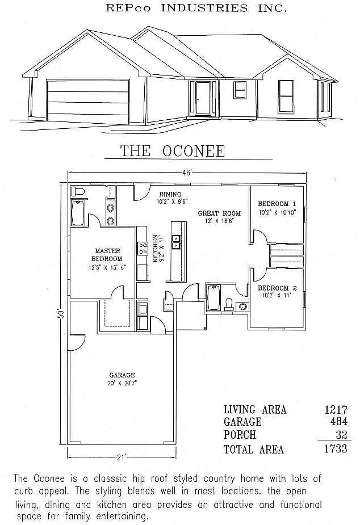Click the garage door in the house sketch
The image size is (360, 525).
[x=89, y=101]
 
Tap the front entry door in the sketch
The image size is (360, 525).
[x=203, y=98]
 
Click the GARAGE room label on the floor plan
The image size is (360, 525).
[x=122, y=375]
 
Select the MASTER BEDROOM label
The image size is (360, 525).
[x=107, y=255]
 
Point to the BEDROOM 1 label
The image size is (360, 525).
[x=277, y=204]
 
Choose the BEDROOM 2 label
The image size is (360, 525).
[x=277, y=288]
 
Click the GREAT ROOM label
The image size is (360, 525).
[x=219, y=213]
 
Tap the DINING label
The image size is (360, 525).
[x=170, y=194]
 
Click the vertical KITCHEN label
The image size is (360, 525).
[x=156, y=248]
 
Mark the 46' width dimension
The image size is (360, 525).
[x=187, y=173]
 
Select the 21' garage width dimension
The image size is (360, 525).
[x=122, y=457]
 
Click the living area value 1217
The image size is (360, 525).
[x=336, y=409]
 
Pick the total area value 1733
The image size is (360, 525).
[x=336, y=448]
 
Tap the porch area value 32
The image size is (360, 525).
[x=342, y=434]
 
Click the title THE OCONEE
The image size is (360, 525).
[x=173, y=151]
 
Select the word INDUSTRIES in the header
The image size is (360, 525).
[x=204, y=8]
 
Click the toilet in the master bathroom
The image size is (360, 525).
[x=78, y=191]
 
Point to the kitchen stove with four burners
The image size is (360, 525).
[x=143, y=249]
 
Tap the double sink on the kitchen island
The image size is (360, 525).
[x=176, y=241]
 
